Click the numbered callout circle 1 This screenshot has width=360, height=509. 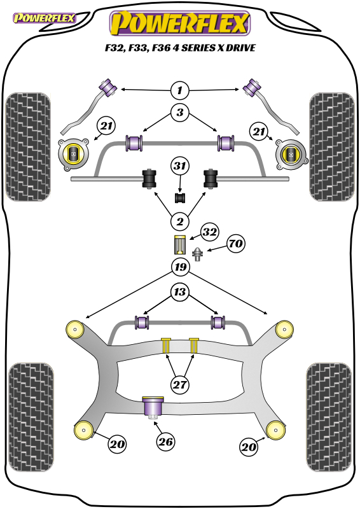pyautogui.click(x=180, y=90)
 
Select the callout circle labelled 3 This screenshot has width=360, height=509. pyautogui.click(x=180, y=113)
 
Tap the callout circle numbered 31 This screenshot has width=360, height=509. pyautogui.click(x=180, y=166)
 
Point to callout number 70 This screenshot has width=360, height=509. pyautogui.click(x=236, y=243)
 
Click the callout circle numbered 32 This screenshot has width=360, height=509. pyautogui.click(x=210, y=232)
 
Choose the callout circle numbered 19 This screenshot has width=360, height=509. pyautogui.click(x=181, y=267)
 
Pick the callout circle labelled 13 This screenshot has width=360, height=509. pyautogui.click(x=180, y=292)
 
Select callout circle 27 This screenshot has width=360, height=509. pyautogui.click(x=180, y=385)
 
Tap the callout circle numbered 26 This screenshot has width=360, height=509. pyautogui.click(x=165, y=442)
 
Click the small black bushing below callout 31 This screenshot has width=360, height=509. pyautogui.click(x=180, y=198)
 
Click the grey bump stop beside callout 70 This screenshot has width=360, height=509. pyautogui.click(x=197, y=254)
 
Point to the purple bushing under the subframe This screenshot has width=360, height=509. pyautogui.click(x=153, y=408)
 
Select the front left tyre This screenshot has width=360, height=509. pyautogui.click(x=28, y=147)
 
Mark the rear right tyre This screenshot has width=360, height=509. pyautogui.click(x=328, y=417)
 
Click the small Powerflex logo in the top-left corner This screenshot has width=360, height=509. pyautogui.click(x=44, y=18)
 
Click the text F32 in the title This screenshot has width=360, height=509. pyautogui.click(x=115, y=48)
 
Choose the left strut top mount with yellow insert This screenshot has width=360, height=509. pyautogui.click(x=74, y=154)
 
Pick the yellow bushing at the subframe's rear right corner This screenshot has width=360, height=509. pyautogui.click(x=275, y=430)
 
